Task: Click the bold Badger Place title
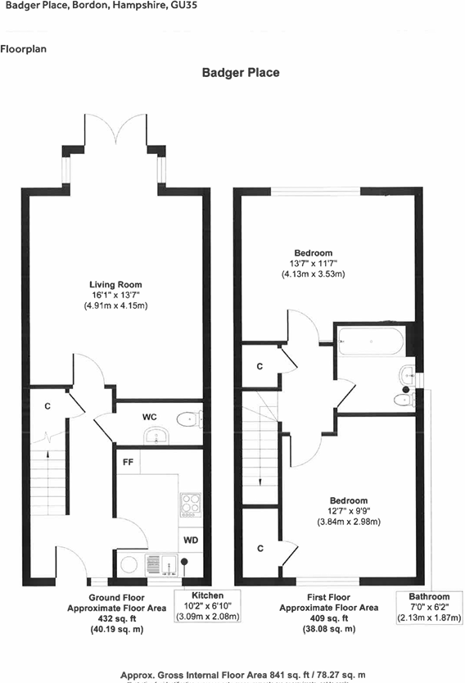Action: (241, 73)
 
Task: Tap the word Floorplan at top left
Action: (24, 49)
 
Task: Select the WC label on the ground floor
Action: (150, 417)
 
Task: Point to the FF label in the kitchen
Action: (129, 462)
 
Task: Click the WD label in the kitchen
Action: (191, 541)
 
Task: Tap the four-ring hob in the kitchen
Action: (190, 501)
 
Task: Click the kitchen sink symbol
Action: (156, 563)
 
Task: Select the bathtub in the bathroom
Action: (371, 340)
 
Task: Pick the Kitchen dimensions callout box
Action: (208, 606)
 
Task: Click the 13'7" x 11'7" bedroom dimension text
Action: (314, 263)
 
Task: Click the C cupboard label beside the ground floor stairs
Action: (48, 405)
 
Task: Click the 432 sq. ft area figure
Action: (115, 619)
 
